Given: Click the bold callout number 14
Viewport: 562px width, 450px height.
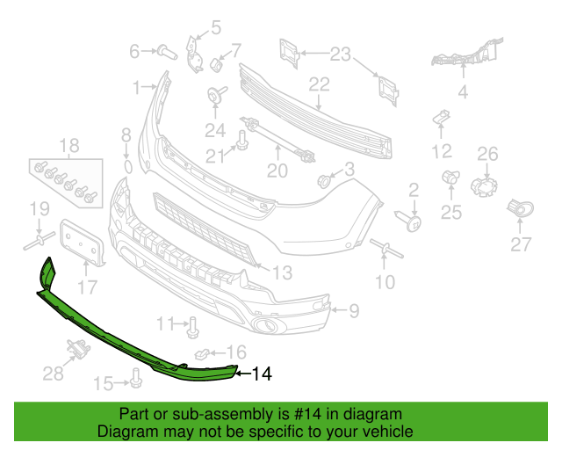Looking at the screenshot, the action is [263, 374].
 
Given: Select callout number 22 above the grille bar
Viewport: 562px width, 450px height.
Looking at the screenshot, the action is [319, 84].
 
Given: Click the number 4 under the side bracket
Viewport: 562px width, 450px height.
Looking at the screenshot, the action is [463, 92].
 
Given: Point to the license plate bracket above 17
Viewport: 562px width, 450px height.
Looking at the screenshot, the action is [82, 243].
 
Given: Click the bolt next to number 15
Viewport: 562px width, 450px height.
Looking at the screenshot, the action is [136, 378].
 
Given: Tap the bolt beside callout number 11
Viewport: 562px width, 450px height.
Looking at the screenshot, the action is [193, 327].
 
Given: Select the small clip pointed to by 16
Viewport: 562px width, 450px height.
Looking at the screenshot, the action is [201, 354].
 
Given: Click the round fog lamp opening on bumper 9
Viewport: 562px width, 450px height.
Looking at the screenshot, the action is [265, 326].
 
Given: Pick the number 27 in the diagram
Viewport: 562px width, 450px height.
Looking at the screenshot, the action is [521, 244].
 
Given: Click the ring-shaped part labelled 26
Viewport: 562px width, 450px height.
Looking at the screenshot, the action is [484, 186].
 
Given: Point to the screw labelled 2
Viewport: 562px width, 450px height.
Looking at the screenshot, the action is [408, 220].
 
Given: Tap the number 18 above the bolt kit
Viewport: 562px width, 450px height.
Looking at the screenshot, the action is [69, 146].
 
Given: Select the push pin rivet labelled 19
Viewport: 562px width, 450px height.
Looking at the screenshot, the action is [40, 241].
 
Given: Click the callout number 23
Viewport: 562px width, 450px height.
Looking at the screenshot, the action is [340, 54].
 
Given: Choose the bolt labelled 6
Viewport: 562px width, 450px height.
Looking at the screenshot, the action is [167, 53].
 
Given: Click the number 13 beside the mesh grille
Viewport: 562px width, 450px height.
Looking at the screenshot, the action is [283, 272].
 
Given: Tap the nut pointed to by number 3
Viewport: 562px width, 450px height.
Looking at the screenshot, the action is [323, 181].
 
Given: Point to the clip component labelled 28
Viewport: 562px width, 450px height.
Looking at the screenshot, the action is [79, 349].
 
